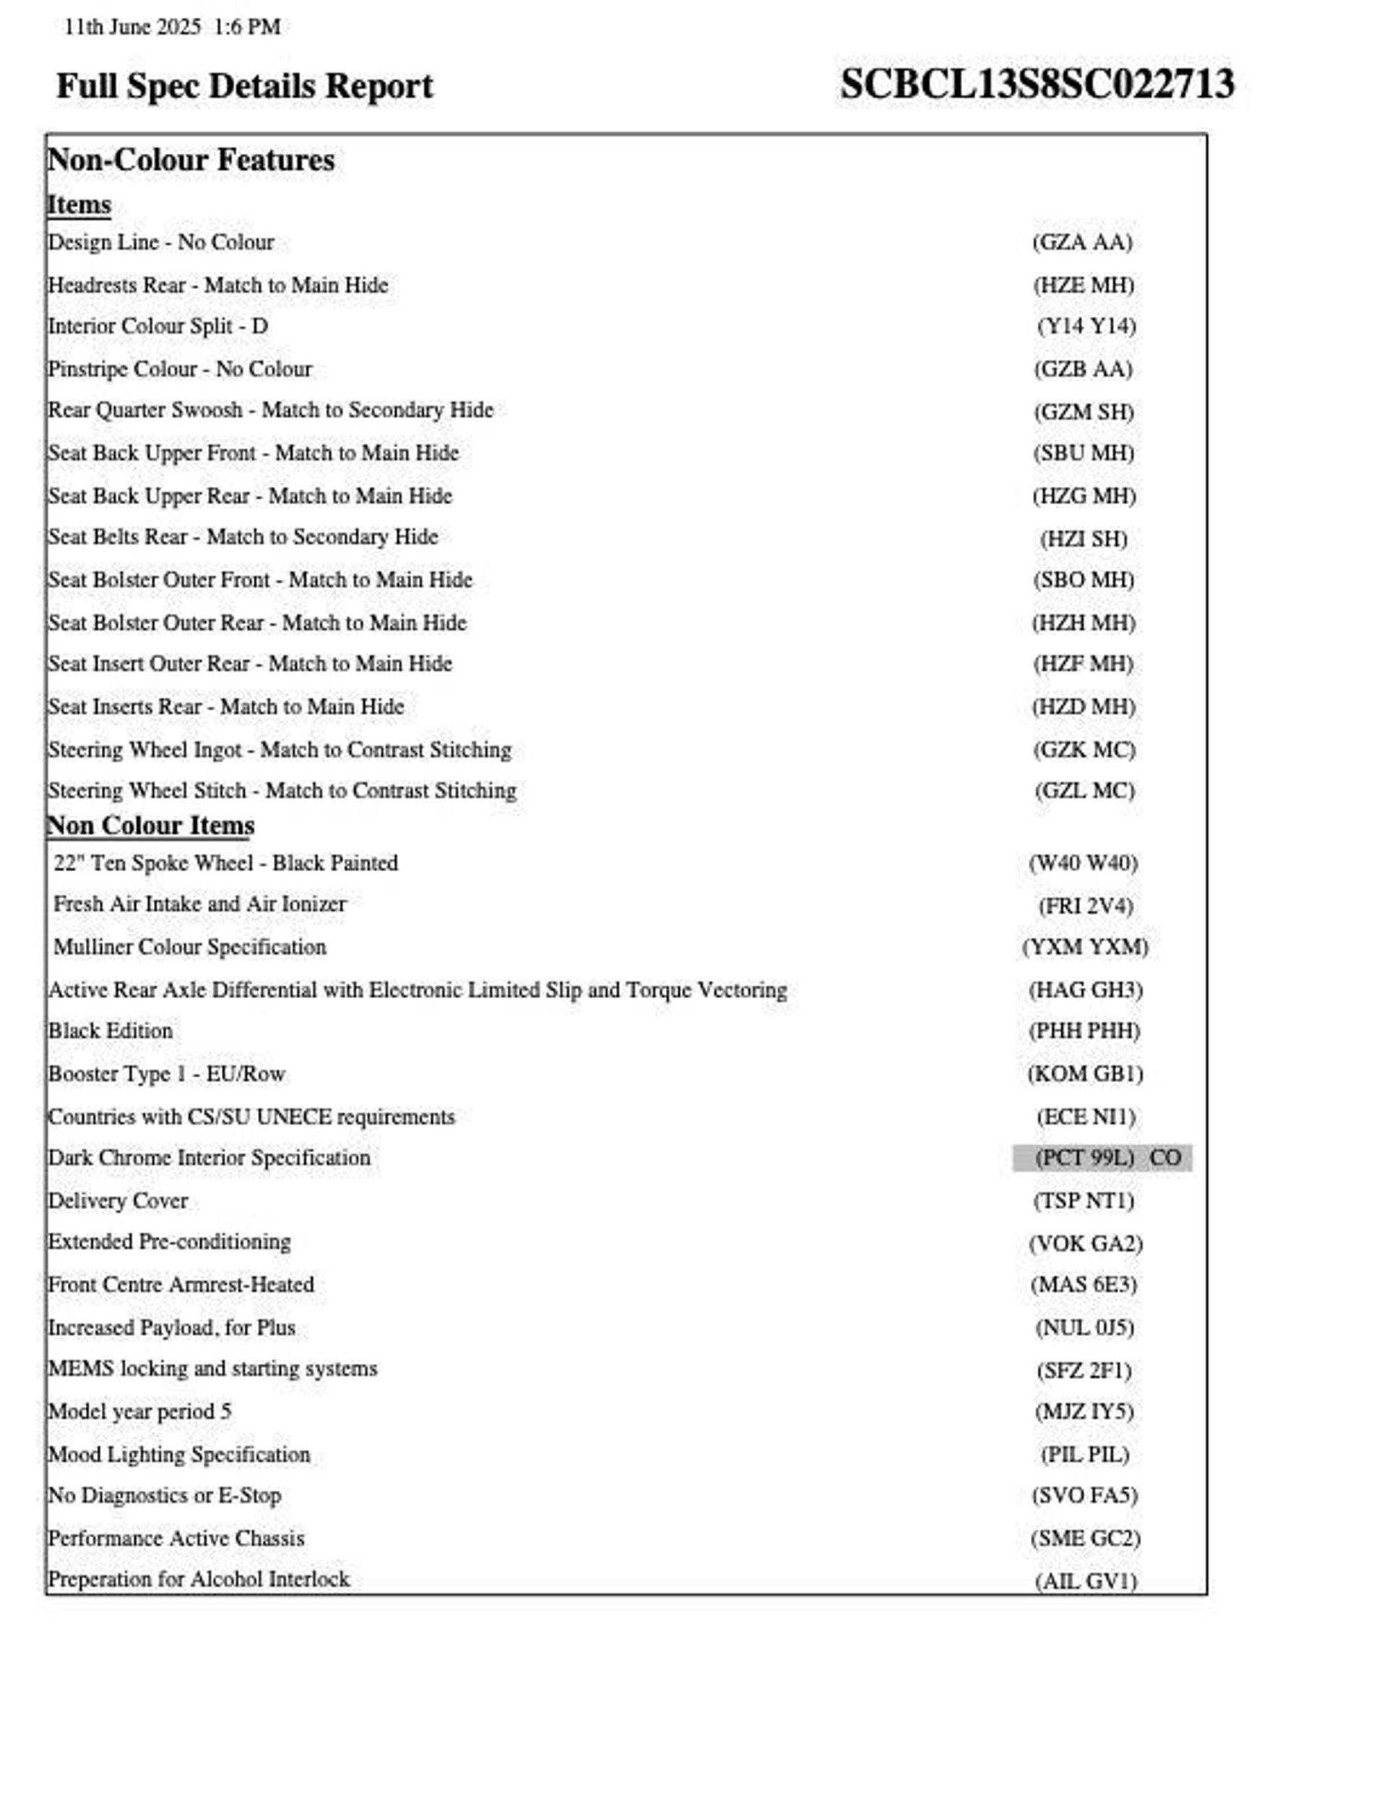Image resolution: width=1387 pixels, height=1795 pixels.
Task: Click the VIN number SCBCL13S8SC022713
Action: pyautogui.click(x=1037, y=84)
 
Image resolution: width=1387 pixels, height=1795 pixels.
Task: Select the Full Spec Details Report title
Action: pyautogui.click(x=244, y=86)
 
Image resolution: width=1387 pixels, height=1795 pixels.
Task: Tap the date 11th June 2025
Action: pyautogui.click(x=132, y=27)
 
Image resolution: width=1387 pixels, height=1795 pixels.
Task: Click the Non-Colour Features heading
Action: pyautogui.click(x=191, y=160)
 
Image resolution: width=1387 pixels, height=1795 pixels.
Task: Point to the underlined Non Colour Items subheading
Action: pyautogui.click(x=150, y=825)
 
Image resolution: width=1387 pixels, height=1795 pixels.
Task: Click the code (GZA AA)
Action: pyautogui.click(x=1083, y=243)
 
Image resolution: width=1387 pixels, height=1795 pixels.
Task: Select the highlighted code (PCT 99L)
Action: pyautogui.click(x=1084, y=1158)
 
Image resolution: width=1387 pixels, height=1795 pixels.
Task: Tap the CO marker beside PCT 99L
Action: pyautogui.click(x=1165, y=1158)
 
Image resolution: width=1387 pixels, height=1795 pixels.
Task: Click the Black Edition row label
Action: pyautogui.click(x=111, y=1031)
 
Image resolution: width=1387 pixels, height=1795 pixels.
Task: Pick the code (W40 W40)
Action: pyautogui.click(x=1083, y=863)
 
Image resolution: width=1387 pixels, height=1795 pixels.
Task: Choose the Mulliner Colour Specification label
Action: pyautogui.click(x=190, y=947)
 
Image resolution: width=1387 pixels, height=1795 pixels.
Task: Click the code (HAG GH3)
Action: pyautogui.click(x=1085, y=990)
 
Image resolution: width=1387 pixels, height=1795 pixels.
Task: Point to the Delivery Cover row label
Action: pyautogui.click(x=118, y=1201)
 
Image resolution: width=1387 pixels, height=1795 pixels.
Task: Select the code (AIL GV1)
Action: pyautogui.click(x=1085, y=1581)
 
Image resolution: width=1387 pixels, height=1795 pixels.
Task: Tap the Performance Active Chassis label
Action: pyautogui.click(x=176, y=1539)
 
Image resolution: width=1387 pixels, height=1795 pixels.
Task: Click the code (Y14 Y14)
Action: pyautogui.click(x=1086, y=326)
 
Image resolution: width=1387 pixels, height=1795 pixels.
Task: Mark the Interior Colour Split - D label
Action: pyautogui.click(x=158, y=326)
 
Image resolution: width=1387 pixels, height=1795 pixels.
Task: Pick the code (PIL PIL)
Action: pyautogui.click(x=1084, y=1455)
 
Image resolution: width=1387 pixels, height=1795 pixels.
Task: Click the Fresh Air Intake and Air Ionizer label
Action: pyautogui.click(x=200, y=904)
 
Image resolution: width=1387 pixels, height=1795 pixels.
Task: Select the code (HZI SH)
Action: pyautogui.click(x=1084, y=539)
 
